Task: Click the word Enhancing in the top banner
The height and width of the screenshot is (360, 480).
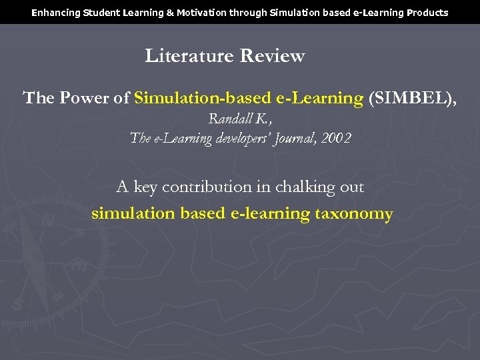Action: [x=55, y=13]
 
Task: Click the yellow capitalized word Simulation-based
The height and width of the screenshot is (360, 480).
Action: [x=203, y=98]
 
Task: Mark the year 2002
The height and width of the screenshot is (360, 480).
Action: [x=336, y=139]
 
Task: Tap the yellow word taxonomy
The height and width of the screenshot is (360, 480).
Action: [x=354, y=214]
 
